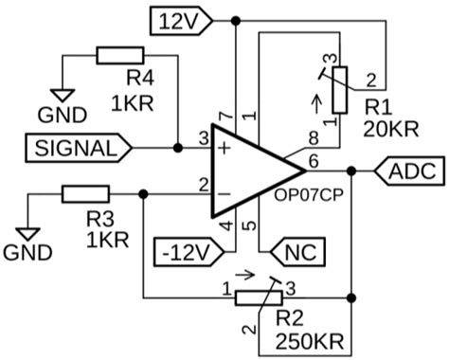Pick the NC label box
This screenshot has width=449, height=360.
click(x=298, y=253)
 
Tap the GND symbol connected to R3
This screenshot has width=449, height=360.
click(x=28, y=232)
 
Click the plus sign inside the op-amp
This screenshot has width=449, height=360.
click(x=224, y=148)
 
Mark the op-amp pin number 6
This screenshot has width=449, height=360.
click(x=314, y=162)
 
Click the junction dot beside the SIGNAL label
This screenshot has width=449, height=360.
click(x=180, y=148)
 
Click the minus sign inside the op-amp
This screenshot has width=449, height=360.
click(x=224, y=194)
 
